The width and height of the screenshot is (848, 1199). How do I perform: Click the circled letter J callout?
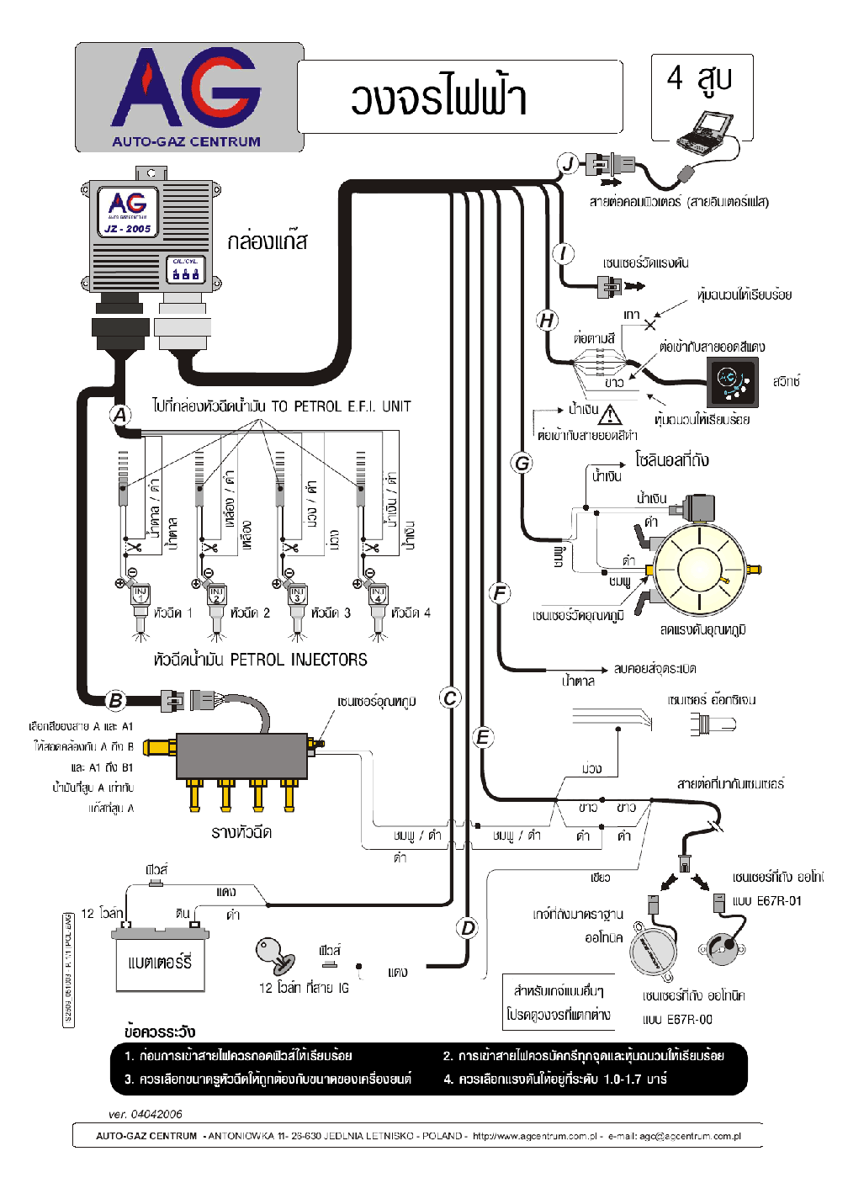click(569, 164)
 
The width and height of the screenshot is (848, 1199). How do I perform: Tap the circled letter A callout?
click(120, 415)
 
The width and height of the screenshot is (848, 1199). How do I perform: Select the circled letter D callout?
click(467, 928)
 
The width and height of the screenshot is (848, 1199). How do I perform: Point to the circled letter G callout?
click(522, 463)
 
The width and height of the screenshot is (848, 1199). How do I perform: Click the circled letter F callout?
click(500, 593)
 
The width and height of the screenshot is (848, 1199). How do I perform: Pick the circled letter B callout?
click(115, 700)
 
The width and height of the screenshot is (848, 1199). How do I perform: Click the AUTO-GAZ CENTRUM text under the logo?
click(186, 142)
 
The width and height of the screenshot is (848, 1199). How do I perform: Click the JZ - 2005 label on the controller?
click(127, 228)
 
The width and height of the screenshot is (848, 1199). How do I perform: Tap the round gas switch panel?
click(731, 381)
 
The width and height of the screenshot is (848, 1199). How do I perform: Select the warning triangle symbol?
click(610, 415)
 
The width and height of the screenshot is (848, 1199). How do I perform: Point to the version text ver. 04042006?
click(145, 1114)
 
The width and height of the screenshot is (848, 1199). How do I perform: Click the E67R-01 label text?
click(778, 901)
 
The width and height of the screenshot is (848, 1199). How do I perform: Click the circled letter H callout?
click(547, 320)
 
